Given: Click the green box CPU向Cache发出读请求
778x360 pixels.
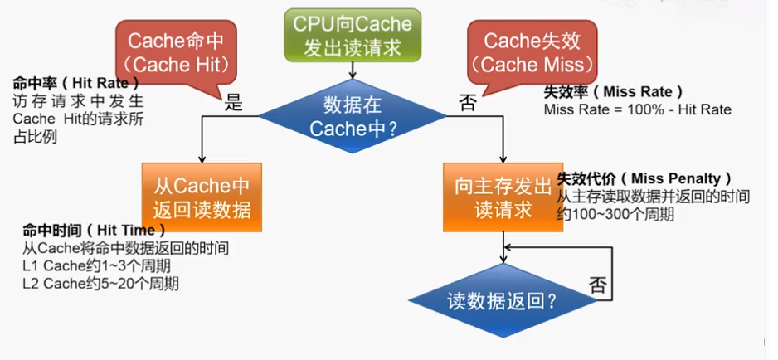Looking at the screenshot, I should click(x=353, y=35).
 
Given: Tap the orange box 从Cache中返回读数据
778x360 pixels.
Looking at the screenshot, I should click(x=202, y=197).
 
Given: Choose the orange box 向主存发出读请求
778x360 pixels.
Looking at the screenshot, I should click(x=503, y=197).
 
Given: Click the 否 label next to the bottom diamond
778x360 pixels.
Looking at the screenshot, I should click(x=598, y=285).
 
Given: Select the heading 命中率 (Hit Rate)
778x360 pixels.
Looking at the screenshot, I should click(x=75, y=84).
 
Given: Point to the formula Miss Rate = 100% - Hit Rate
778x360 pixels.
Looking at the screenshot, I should click(x=637, y=109).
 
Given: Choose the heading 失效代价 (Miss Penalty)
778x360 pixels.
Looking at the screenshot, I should click(x=644, y=178).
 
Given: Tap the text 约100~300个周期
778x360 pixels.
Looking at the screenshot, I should click(x=615, y=214).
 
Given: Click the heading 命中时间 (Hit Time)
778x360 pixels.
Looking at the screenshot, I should click(x=94, y=230).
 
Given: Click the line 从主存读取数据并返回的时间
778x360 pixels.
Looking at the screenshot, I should click(x=654, y=197).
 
